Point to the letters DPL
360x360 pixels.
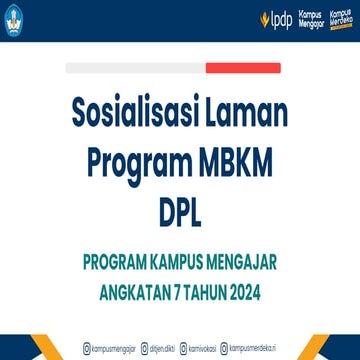[180, 210]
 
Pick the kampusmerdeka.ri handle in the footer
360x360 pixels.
[255, 348]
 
